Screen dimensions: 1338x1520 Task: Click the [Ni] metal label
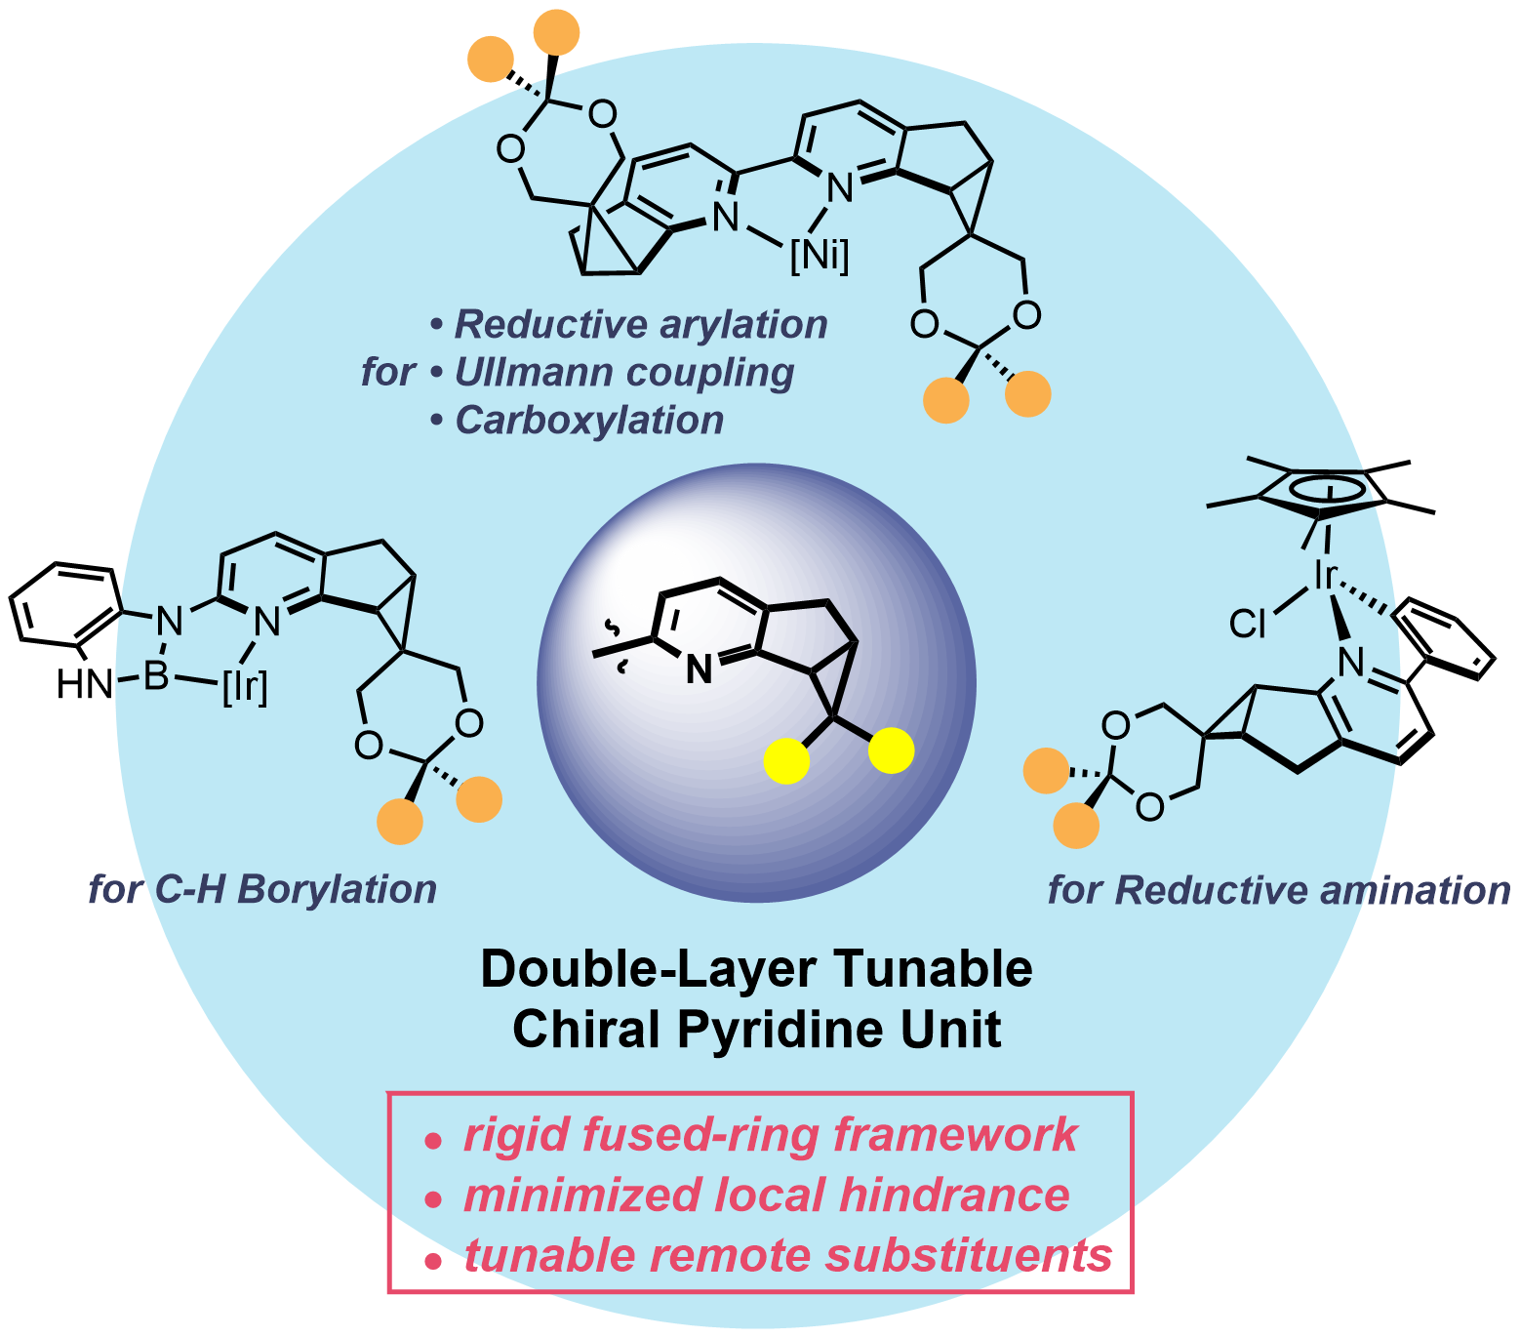click(x=820, y=257)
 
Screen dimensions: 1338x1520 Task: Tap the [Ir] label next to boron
click(x=245, y=688)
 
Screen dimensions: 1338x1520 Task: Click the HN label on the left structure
click(x=85, y=685)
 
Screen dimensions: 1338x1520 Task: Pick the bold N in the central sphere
click(x=699, y=669)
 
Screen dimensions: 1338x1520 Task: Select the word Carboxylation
click(x=589, y=420)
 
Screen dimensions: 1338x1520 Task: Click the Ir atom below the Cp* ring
click(x=1324, y=576)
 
